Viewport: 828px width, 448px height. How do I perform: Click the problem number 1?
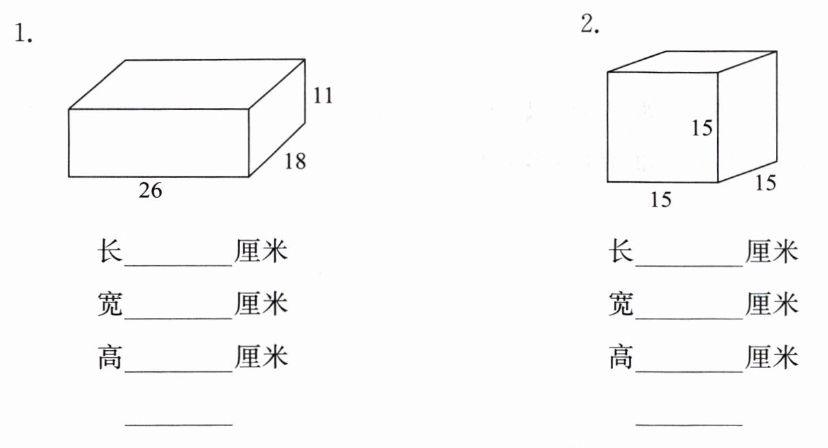(x=23, y=34)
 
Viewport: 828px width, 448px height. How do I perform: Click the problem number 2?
(x=590, y=25)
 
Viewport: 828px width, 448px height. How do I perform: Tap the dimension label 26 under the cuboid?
(x=151, y=191)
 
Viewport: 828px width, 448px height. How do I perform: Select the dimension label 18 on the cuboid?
(x=294, y=161)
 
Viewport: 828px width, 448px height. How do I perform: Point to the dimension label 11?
(x=323, y=96)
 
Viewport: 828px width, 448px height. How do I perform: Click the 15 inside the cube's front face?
(x=701, y=128)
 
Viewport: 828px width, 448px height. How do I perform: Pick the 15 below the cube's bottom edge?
(x=661, y=199)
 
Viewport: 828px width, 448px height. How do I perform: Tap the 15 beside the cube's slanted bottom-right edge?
(x=766, y=183)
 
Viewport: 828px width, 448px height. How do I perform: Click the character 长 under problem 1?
(x=109, y=252)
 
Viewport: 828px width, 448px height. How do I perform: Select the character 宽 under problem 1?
(x=109, y=304)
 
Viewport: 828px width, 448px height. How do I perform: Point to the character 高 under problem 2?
(x=621, y=357)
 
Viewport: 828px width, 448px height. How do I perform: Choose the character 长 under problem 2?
(x=621, y=252)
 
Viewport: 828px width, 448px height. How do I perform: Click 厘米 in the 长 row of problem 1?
(x=261, y=252)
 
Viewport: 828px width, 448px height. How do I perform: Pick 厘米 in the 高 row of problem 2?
(x=772, y=357)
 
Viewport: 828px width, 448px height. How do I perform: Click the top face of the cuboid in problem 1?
(x=186, y=84)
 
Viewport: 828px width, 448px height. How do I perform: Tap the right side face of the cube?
(x=747, y=116)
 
